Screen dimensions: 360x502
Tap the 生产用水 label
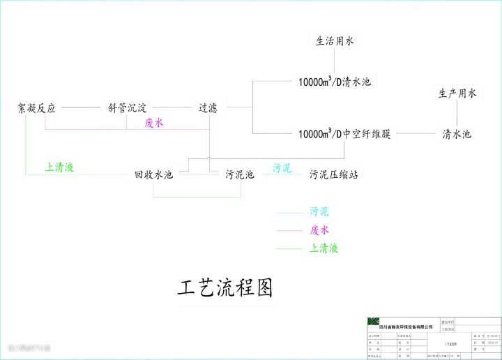tap(457, 93)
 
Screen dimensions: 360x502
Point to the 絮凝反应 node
tap(37, 108)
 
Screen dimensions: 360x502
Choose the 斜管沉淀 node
tap(127, 108)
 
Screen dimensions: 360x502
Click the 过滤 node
tap(208, 108)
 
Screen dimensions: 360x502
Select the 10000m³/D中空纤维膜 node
tap(344, 133)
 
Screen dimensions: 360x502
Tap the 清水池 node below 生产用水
tap(457, 133)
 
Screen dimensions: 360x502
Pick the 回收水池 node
tap(153, 174)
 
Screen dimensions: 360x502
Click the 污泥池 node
tap(239, 174)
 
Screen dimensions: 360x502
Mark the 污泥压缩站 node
tap(335, 174)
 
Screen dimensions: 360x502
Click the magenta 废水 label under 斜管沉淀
tap(154, 123)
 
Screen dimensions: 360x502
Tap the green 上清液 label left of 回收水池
tap(60, 167)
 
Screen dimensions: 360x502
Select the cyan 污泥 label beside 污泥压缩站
tap(282, 168)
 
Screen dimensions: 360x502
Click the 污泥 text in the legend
tap(319, 211)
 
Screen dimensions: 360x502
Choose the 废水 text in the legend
tap(319, 230)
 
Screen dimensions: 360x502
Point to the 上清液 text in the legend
tap(324, 248)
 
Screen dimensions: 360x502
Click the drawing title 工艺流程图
tap(224, 287)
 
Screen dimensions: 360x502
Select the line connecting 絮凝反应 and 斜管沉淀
tap(82, 108)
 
